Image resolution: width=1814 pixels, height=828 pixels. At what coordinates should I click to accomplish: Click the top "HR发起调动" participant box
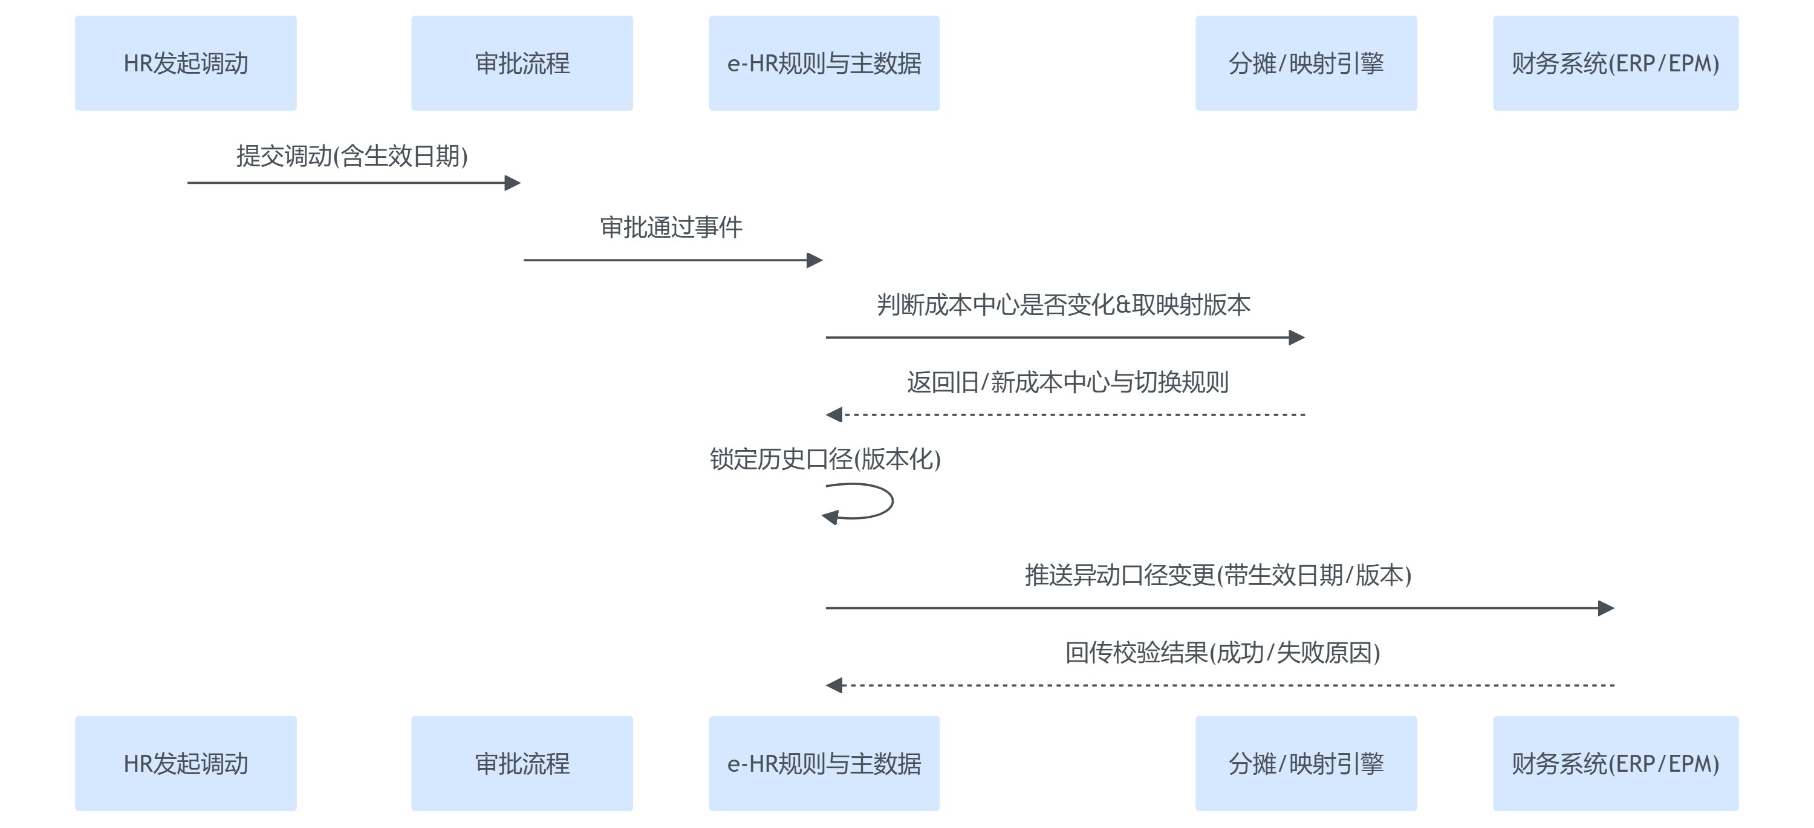pyautogui.click(x=186, y=64)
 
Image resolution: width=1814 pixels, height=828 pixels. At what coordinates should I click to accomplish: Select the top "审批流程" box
pyautogui.click(x=522, y=64)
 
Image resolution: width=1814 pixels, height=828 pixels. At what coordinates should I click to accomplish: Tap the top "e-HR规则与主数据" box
pyautogui.click(x=824, y=64)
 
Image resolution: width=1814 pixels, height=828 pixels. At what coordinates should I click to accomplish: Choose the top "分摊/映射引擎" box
pyautogui.click(x=1305, y=64)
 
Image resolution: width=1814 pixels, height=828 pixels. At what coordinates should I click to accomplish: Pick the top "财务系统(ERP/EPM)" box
pyautogui.click(x=1616, y=64)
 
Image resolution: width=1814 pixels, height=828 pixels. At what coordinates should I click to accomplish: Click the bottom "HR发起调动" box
pyautogui.click(x=186, y=763)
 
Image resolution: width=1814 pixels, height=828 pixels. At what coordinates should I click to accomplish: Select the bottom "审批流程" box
pyautogui.click(x=522, y=763)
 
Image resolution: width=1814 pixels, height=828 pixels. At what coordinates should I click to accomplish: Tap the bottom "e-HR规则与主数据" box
pyautogui.click(x=824, y=763)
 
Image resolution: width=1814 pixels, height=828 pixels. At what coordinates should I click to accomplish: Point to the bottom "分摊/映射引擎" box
pyautogui.click(x=1305, y=763)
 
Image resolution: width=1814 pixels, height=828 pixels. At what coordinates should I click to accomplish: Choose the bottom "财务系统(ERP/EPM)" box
pyautogui.click(x=1616, y=763)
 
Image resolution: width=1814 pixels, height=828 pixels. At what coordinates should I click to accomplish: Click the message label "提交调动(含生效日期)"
pyautogui.click(x=352, y=156)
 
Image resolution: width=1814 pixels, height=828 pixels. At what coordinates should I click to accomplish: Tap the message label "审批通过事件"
pyautogui.click(x=671, y=227)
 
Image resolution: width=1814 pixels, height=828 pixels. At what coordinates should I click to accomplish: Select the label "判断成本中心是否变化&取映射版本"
pyautogui.click(x=1064, y=305)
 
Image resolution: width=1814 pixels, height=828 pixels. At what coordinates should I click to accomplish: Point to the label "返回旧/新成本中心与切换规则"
pyautogui.click(x=1068, y=382)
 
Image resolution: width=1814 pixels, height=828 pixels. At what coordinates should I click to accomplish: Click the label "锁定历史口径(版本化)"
pyautogui.click(x=825, y=459)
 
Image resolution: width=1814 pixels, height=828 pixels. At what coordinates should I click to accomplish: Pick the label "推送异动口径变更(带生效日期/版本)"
pyautogui.click(x=1218, y=575)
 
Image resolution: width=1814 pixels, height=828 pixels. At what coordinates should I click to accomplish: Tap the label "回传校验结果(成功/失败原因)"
pyautogui.click(x=1223, y=653)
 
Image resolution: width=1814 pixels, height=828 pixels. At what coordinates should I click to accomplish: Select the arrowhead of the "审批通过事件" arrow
pyautogui.click(x=814, y=261)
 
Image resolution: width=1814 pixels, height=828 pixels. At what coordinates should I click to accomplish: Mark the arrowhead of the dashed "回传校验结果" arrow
pyautogui.click(x=834, y=685)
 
